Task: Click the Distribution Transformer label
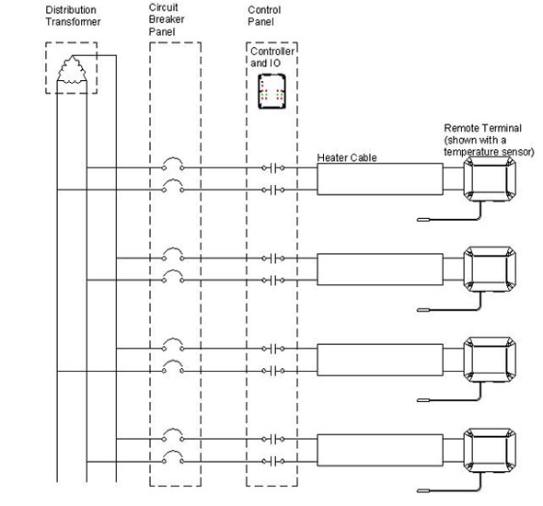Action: (x=73, y=16)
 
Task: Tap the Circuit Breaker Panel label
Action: (x=167, y=19)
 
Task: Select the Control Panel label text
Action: (x=264, y=16)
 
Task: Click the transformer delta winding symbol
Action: (x=72, y=70)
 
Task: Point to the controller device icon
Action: (x=271, y=91)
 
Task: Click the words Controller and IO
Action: (x=272, y=57)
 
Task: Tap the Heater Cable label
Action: (x=347, y=158)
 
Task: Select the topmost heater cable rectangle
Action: (x=380, y=178)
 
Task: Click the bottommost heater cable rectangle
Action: (x=380, y=450)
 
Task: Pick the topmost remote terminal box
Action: (x=490, y=178)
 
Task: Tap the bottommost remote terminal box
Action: (x=490, y=450)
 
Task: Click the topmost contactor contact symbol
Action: (x=273, y=168)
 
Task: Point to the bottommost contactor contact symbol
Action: (x=273, y=461)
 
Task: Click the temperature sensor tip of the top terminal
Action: (x=423, y=220)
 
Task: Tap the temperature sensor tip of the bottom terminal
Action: (x=423, y=490)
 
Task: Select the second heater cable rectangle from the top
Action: (x=380, y=270)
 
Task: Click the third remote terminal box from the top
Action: (x=490, y=360)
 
